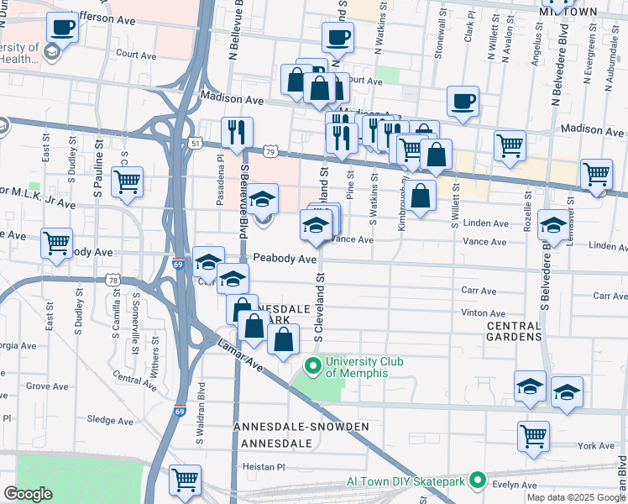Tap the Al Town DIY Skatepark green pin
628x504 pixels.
pyautogui.click(x=478, y=481)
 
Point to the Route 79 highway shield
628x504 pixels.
pyautogui.click(x=270, y=150)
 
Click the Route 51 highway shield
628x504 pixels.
pyautogui.click(x=195, y=144)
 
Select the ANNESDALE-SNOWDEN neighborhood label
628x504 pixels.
pyautogui.click(x=304, y=428)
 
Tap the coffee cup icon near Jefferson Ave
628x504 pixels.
pyautogui.click(x=63, y=28)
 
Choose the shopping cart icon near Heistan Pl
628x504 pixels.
pyautogui.click(x=185, y=480)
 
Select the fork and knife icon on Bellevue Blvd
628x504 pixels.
pyautogui.click(x=237, y=131)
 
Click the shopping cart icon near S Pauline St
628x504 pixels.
pyautogui.click(x=127, y=181)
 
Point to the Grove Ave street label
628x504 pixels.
pyautogui.click(x=47, y=386)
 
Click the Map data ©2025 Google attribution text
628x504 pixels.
pyautogui.click(x=576, y=496)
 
